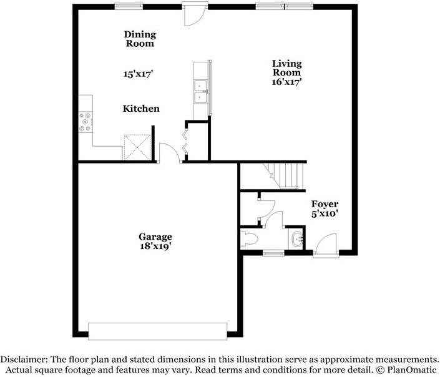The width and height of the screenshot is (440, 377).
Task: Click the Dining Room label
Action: click(139, 39)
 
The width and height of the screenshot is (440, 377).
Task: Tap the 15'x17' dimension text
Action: click(138, 74)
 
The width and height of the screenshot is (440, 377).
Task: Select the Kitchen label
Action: click(140, 109)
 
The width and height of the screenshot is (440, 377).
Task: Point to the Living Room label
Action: click(286, 68)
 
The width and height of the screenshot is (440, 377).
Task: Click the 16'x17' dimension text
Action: click(286, 82)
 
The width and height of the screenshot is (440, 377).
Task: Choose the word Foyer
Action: click(325, 204)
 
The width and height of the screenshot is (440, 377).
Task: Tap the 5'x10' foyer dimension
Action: click(325, 214)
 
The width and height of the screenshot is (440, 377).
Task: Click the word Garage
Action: click(155, 237)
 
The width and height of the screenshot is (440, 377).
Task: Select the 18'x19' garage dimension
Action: click(155, 246)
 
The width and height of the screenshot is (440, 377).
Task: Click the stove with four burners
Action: click(84, 122)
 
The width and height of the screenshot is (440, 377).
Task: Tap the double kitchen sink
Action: click(201, 91)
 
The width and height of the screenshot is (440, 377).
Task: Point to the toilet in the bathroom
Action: click(250, 239)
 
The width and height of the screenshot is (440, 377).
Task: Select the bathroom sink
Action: click(296, 238)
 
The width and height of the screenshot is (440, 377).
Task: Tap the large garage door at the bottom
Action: click(157, 331)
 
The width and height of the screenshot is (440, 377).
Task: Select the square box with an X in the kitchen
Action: click(136, 147)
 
